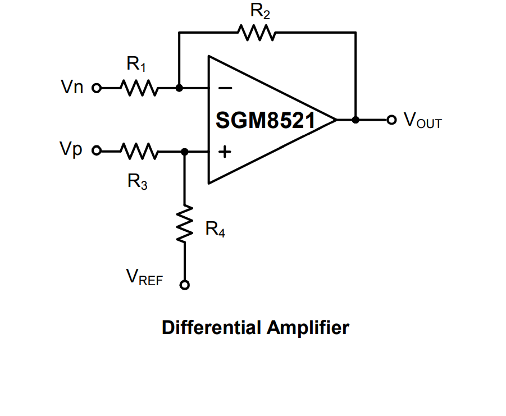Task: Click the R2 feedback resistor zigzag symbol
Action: pyautogui.click(x=257, y=33)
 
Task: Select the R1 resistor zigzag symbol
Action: pyautogui.click(x=138, y=88)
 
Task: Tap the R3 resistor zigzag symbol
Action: pyautogui.click(x=138, y=152)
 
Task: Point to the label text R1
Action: pyautogui.click(x=136, y=65)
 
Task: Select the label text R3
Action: pyautogui.click(x=138, y=181)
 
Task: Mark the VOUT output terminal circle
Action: pyautogui.click(x=392, y=120)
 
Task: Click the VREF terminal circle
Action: pyautogui.click(x=185, y=285)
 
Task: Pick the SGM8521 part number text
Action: pyautogui.click(x=265, y=120)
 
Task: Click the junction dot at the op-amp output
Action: pyautogui.click(x=355, y=120)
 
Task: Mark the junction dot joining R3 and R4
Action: pyautogui.click(x=185, y=152)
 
